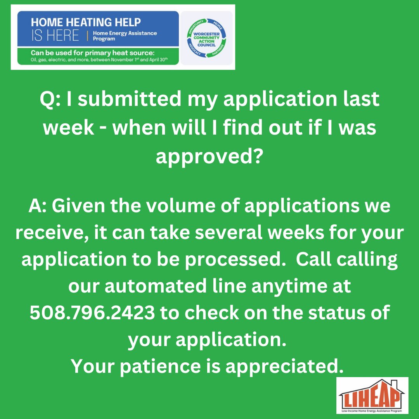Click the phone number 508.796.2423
[92, 313]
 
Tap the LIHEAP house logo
[372, 395]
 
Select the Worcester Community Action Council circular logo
[206, 38]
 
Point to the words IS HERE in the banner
[55, 36]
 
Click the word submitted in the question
[125, 100]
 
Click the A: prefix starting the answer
[38, 206]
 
